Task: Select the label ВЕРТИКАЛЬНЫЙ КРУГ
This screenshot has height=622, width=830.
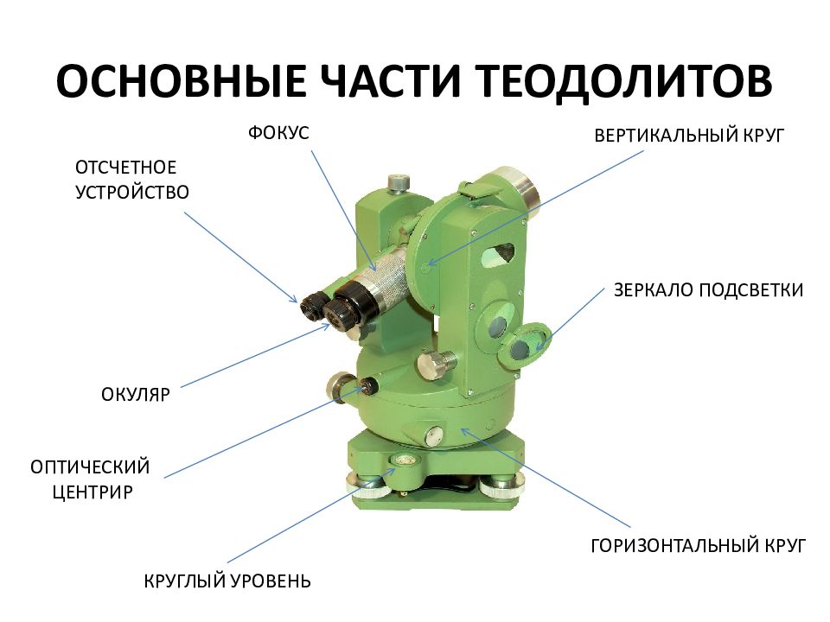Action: [x=686, y=136]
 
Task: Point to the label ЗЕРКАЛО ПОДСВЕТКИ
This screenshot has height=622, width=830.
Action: [x=708, y=289]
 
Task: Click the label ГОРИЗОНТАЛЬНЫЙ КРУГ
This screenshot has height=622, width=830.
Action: [x=698, y=545]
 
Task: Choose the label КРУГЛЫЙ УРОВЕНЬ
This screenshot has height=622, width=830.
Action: [x=227, y=581]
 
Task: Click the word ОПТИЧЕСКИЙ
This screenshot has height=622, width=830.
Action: [x=91, y=467]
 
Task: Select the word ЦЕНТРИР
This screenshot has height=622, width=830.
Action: [x=91, y=493]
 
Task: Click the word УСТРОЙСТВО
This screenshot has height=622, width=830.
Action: [x=132, y=192]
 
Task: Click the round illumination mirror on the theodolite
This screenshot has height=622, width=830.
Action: [x=527, y=343]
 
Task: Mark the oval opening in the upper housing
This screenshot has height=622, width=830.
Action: [x=501, y=252]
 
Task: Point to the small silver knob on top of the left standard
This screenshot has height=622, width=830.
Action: [x=398, y=182]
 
